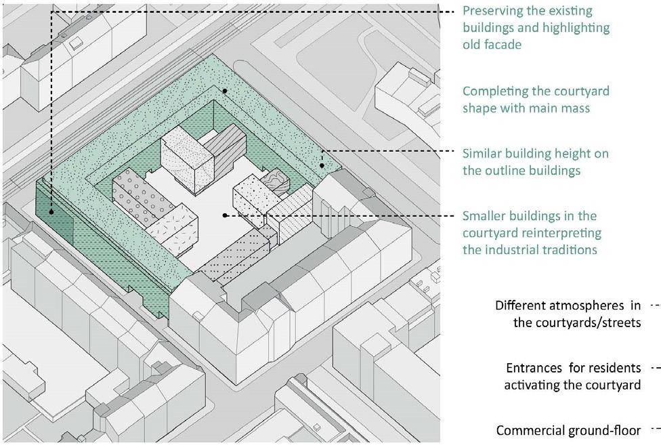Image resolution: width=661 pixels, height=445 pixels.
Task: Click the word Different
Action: pyautogui.click(x=524, y=305)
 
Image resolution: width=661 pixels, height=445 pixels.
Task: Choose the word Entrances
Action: pyautogui.click(x=534, y=368)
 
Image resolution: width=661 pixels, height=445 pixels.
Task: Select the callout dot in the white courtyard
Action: pyautogui.click(x=224, y=215)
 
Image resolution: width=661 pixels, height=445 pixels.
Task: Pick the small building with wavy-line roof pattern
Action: pyautogui.click(x=278, y=182)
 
